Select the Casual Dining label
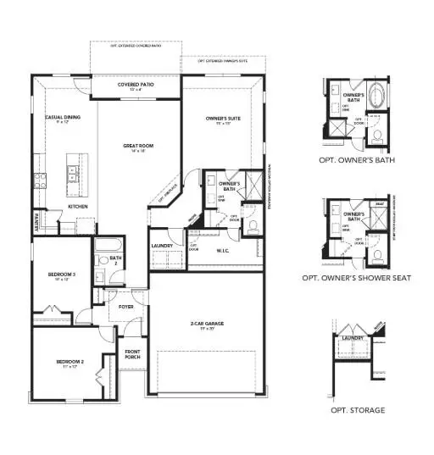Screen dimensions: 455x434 pyautogui.click(x=63, y=118)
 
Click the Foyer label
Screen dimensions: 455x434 pyautogui.click(x=125, y=307)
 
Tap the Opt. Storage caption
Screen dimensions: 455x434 pyautogui.click(x=359, y=409)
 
